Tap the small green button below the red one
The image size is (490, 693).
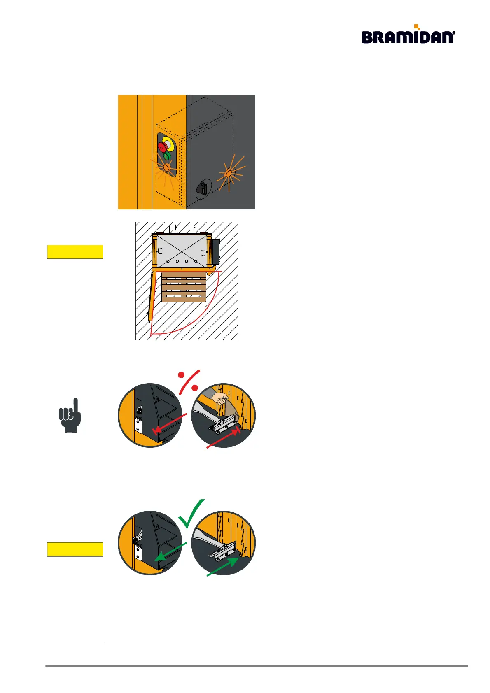pyautogui.click(x=166, y=156)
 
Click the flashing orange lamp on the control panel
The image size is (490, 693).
pyautogui.click(x=167, y=167)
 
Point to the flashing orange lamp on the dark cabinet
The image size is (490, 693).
pyautogui.click(x=228, y=174)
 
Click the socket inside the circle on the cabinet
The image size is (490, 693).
pyautogui.click(x=203, y=189)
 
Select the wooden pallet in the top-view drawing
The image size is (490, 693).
pyautogui.click(x=184, y=287)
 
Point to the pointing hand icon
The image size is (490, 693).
pyautogui.click(x=70, y=415)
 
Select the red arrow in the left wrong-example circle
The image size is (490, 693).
pyautogui.click(x=169, y=423)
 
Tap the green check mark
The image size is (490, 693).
pyautogui.click(x=191, y=514)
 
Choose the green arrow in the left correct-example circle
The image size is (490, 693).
pyautogui.click(x=170, y=551)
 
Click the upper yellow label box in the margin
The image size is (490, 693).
pyautogui.click(x=75, y=252)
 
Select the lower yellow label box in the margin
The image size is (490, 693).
pyautogui.click(x=75, y=549)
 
